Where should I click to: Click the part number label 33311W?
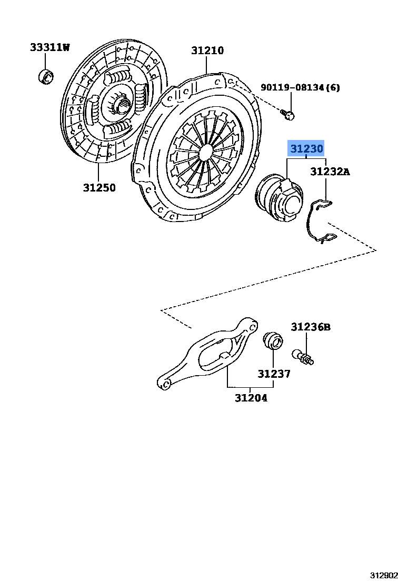click(49, 48)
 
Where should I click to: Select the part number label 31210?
click(207, 51)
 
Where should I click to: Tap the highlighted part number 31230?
click(306, 149)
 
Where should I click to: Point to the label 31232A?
click(330, 172)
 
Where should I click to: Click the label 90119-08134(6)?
click(300, 87)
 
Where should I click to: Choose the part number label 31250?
click(99, 187)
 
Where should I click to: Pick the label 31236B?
click(311, 327)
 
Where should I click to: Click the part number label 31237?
click(274, 374)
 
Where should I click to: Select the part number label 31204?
click(251, 398)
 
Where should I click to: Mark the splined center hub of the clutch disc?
click(121, 105)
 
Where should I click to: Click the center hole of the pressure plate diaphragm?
click(205, 151)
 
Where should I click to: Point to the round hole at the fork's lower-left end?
click(165, 384)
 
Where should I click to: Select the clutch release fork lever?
click(211, 353)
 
